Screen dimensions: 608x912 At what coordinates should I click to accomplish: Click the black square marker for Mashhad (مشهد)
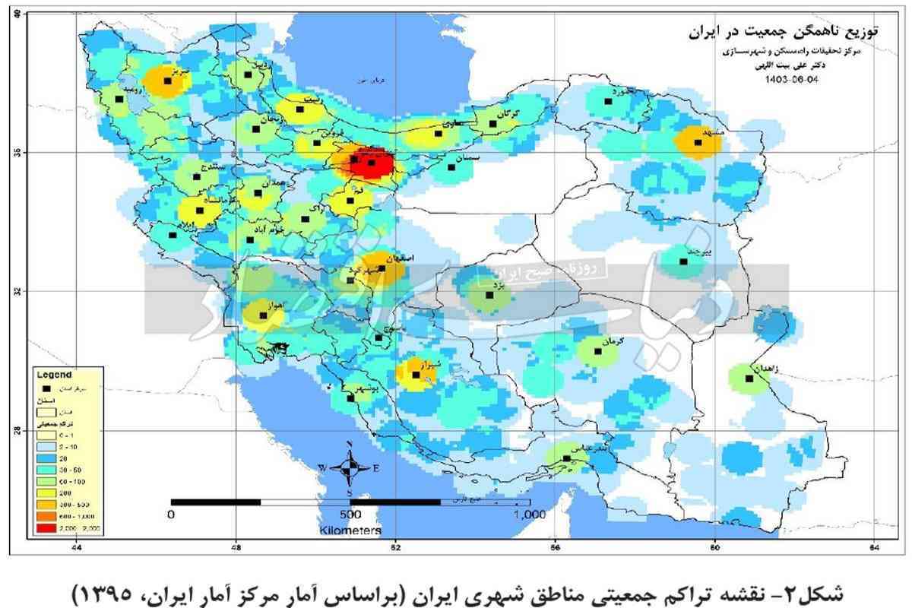(x=698, y=142)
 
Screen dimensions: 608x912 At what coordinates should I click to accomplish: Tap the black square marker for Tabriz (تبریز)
(x=168, y=81)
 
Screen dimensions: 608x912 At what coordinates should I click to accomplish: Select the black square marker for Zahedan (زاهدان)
(x=749, y=378)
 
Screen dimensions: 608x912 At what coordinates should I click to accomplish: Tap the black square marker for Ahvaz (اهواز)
(x=263, y=315)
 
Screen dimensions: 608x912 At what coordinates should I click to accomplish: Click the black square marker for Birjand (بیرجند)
(x=683, y=261)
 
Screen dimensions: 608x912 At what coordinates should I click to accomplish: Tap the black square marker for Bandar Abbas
(x=566, y=458)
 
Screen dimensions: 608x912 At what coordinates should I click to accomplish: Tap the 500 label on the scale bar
(x=350, y=515)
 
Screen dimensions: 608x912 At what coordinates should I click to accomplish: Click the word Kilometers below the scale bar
(x=350, y=529)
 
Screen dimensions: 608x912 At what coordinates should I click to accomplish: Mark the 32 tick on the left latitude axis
(x=16, y=291)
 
